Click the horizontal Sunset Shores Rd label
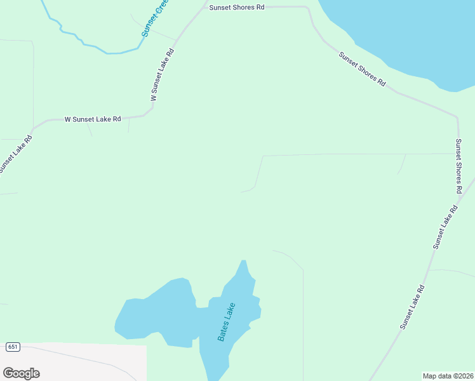tap(237, 7)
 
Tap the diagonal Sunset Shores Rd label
tap(362, 69)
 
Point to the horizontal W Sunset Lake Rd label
tap(93, 119)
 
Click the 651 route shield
tap(13, 347)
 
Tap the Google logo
tap(21, 373)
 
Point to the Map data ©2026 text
tap(448, 376)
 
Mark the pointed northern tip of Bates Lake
tap(243, 262)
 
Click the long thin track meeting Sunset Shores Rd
tap(356, 154)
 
